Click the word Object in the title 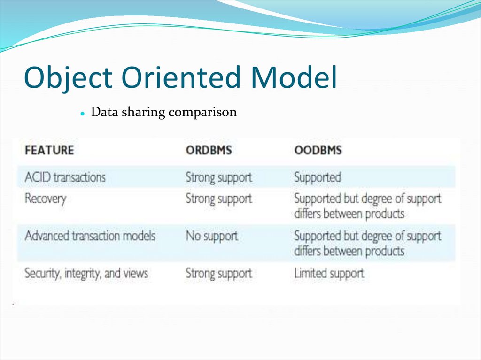coord(68,78)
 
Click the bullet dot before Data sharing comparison coord(82,114)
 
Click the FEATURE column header coord(49,150)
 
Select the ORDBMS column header coord(209,150)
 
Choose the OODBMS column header coord(318,150)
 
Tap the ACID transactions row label coord(65,177)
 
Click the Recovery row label coord(45,199)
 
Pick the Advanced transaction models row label coord(90,236)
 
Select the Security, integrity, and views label coord(86,273)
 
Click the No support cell coord(211,236)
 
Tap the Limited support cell coord(329,273)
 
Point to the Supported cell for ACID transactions coord(318,177)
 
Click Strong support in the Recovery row coord(218,199)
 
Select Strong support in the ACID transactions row coord(218,177)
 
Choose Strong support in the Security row coord(218,273)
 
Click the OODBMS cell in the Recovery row coord(367,206)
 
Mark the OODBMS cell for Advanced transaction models coord(367,243)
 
